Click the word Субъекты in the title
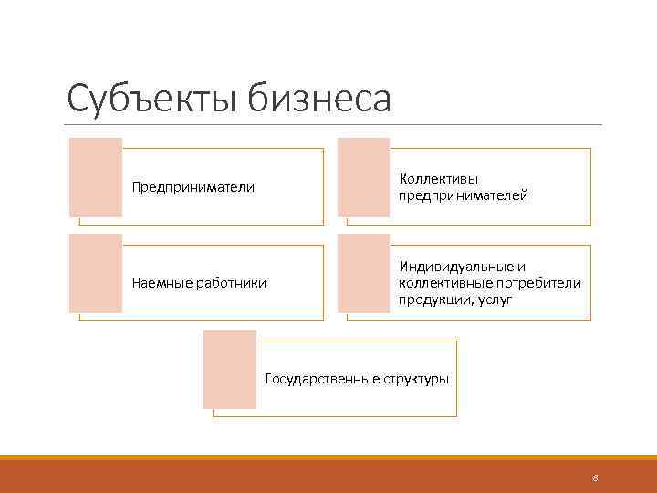(150, 99)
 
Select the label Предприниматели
(193, 187)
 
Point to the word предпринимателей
(463, 195)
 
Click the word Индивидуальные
(454, 267)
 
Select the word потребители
(540, 283)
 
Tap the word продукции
(429, 299)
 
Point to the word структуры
(414, 379)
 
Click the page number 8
(595, 477)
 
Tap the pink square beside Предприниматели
(96, 177)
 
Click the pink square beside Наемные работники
(96, 273)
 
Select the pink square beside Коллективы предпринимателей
(363, 177)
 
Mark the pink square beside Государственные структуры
(230, 369)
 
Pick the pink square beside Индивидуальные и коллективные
(363, 273)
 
